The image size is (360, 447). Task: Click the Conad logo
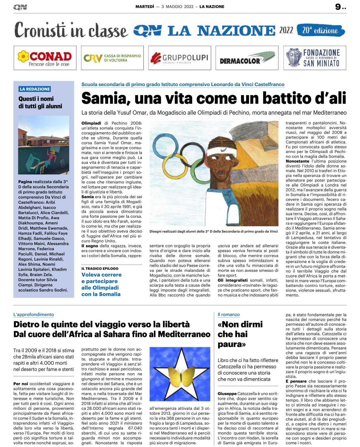(x=45, y=58)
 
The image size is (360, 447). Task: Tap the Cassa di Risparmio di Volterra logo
(x=112, y=58)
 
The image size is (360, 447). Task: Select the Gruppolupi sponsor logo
(x=180, y=58)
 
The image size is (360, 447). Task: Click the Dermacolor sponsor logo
(x=247, y=58)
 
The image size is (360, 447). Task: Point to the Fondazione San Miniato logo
(x=314, y=58)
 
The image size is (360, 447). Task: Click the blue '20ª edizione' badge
(x=320, y=30)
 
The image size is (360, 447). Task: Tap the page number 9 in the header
(x=338, y=7)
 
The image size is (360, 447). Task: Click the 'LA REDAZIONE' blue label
(x=35, y=89)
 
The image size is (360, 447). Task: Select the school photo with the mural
(x=44, y=145)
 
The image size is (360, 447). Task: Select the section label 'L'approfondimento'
(x=34, y=315)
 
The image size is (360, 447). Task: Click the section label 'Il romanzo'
(x=229, y=315)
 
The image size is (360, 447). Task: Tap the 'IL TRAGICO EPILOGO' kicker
(x=100, y=268)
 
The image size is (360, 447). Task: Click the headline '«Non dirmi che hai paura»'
(x=240, y=334)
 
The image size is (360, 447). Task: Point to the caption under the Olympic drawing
(x=214, y=231)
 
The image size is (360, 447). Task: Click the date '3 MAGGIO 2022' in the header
(x=177, y=7)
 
